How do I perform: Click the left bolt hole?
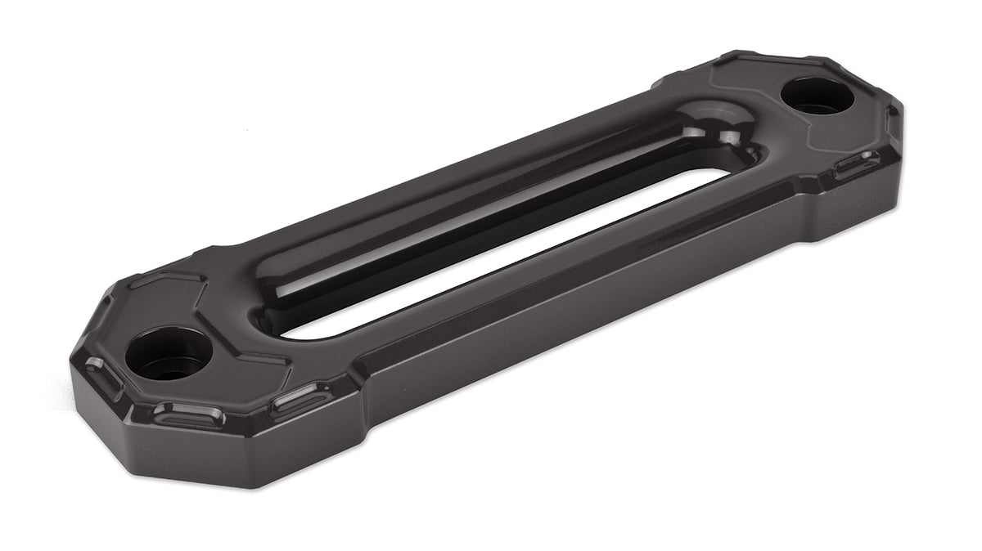click(169, 354)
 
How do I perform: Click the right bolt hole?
click(817, 96)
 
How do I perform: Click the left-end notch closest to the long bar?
click(303, 397)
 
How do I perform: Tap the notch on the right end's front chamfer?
click(856, 164)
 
